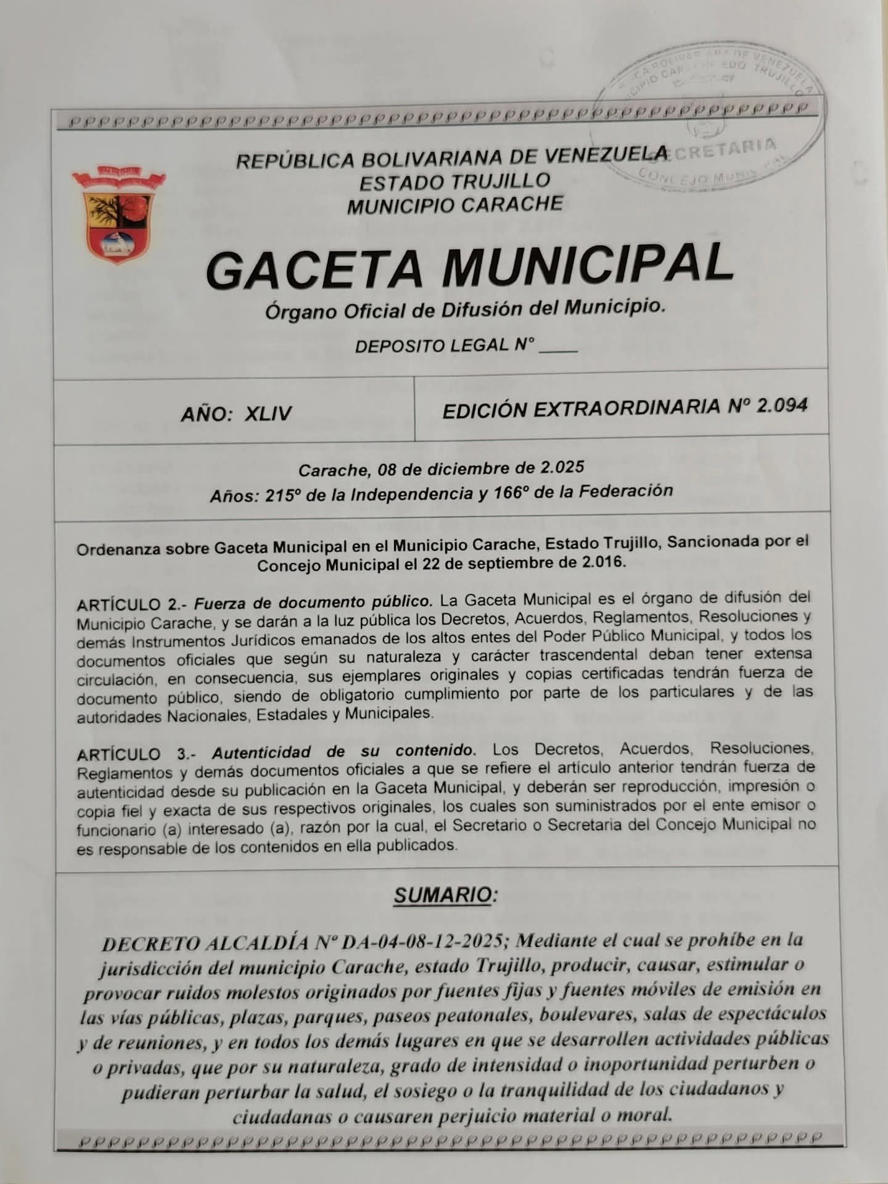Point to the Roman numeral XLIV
pyautogui.click(x=268, y=413)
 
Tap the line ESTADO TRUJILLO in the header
pyautogui.click(x=454, y=182)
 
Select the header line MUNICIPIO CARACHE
pyautogui.click(x=454, y=205)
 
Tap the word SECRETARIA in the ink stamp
pyautogui.click(x=721, y=149)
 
